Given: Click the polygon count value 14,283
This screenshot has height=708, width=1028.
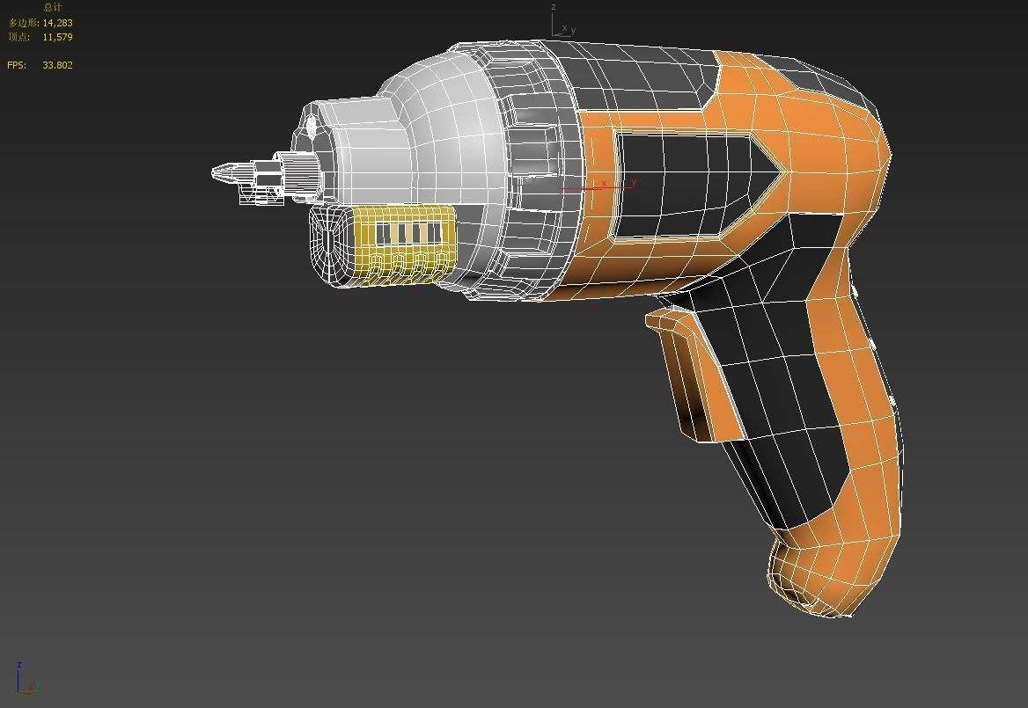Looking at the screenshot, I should click(57, 23).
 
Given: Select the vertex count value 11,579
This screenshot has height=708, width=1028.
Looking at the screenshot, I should click(57, 37).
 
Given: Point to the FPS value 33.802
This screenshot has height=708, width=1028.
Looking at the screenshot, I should click(57, 65).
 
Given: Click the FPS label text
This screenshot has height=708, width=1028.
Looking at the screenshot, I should click(17, 65).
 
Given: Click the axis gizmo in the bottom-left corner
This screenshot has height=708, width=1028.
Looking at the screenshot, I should click(26, 682).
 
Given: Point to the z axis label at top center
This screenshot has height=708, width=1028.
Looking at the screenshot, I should click(554, 7).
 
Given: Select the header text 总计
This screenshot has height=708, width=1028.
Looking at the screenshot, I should click(52, 7).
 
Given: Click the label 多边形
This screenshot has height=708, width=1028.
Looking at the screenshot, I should click(23, 23).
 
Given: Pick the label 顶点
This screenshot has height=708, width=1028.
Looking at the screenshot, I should click(18, 37).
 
